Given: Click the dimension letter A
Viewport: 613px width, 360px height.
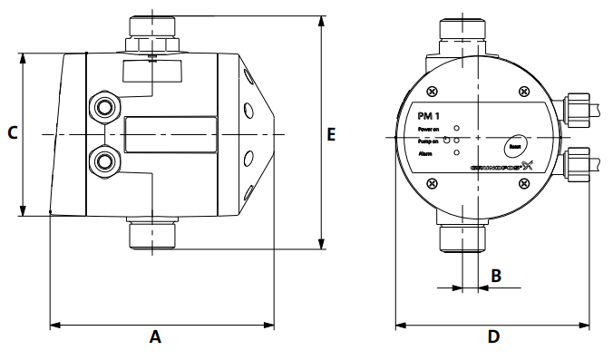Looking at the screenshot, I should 155,336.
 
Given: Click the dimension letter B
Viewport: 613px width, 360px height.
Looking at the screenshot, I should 496,275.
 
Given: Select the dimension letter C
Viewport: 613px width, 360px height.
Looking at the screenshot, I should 13,133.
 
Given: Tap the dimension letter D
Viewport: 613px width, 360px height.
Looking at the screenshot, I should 493,336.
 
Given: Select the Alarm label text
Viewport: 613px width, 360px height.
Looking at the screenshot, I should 425,155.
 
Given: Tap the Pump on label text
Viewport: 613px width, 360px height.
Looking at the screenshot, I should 428,142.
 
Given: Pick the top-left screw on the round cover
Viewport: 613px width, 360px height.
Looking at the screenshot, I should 433,91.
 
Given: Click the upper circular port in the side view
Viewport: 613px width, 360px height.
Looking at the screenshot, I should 103,105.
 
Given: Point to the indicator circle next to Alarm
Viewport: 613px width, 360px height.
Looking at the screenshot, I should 456,155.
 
